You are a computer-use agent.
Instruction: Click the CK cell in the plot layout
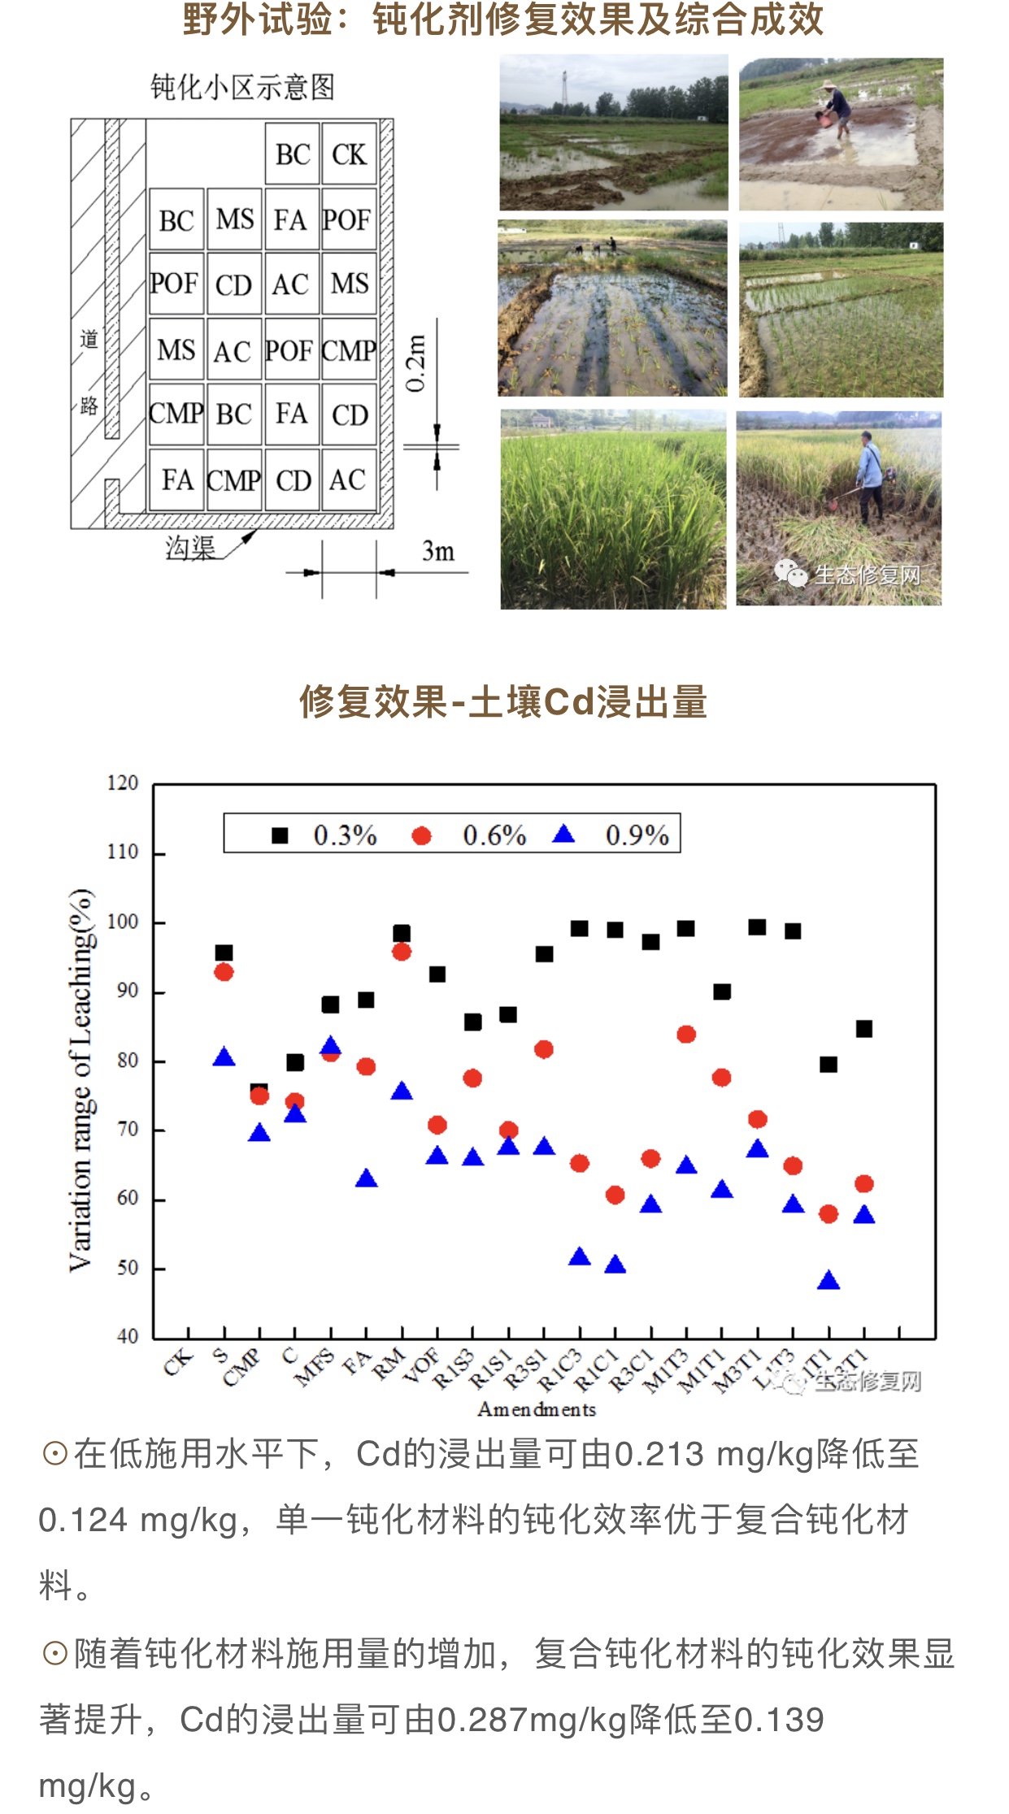click(350, 154)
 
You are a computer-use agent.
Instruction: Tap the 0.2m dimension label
click(415, 362)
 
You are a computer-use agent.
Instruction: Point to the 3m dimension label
click(437, 552)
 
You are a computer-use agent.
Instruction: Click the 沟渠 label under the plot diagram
click(190, 549)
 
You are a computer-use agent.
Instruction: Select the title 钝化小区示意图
click(242, 87)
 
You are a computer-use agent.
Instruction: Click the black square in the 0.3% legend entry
click(280, 835)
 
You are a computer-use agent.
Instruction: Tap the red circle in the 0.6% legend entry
click(421, 835)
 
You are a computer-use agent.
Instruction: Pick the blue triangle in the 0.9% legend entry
click(563, 835)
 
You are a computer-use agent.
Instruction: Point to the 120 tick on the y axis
click(123, 783)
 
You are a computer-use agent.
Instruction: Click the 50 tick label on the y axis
click(128, 1268)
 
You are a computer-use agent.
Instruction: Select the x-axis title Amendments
click(537, 1409)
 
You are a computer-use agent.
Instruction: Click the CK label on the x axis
click(179, 1362)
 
